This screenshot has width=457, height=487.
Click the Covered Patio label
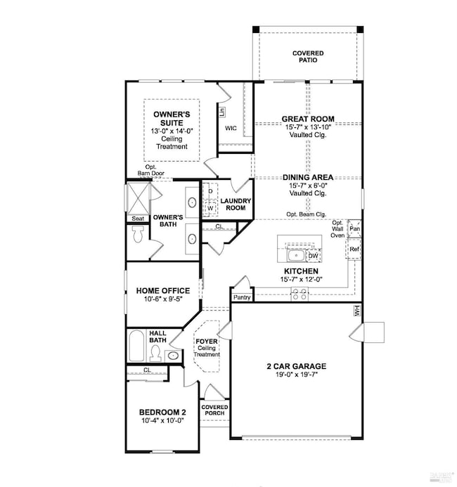pos(308,57)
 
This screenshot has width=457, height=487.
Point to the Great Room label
pos(308,119)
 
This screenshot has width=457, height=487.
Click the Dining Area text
pos(308,178)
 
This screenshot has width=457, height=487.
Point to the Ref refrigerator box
pos(354,249)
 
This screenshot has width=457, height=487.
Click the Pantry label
pos(242,298)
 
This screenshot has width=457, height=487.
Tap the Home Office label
pos(164,290)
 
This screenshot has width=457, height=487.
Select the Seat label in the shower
pos(138,219)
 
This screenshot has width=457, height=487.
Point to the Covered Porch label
pos(214,410)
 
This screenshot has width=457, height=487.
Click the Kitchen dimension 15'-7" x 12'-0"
pos(302,280)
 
